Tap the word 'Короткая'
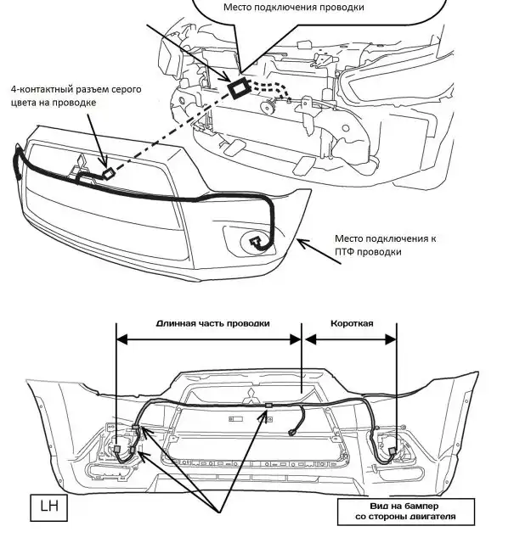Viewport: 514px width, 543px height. [348, 323]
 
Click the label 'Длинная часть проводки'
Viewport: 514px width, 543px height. [213, 323]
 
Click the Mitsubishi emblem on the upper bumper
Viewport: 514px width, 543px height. [79, 165]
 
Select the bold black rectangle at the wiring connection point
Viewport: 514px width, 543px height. [239, 87]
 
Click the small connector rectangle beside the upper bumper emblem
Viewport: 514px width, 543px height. [109, 173]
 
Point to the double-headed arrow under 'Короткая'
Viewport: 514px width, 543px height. [350, 338]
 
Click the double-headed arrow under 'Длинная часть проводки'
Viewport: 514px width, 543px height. [209, 338]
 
